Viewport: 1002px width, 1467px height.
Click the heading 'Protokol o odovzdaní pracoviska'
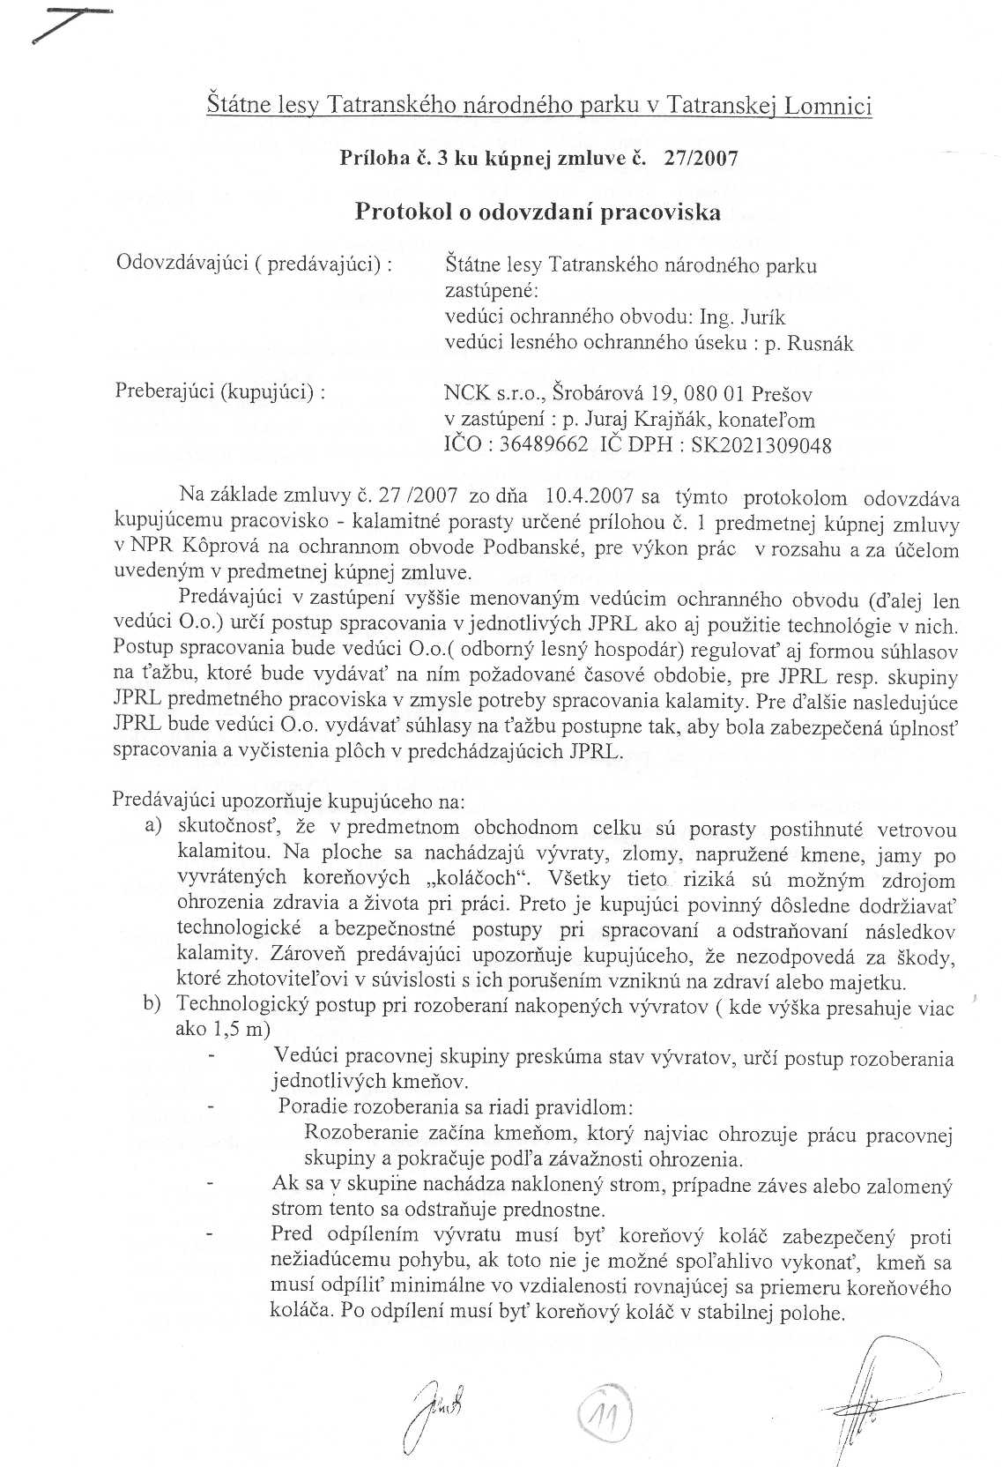[537, 212]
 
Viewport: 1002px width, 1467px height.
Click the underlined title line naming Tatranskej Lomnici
[538, 107]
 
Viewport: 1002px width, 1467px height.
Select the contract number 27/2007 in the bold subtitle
[703, 159]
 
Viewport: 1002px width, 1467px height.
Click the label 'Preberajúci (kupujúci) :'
[220, 391]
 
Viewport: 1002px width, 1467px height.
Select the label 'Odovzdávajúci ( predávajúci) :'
[255, 264]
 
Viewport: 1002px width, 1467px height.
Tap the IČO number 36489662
[543, 445]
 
